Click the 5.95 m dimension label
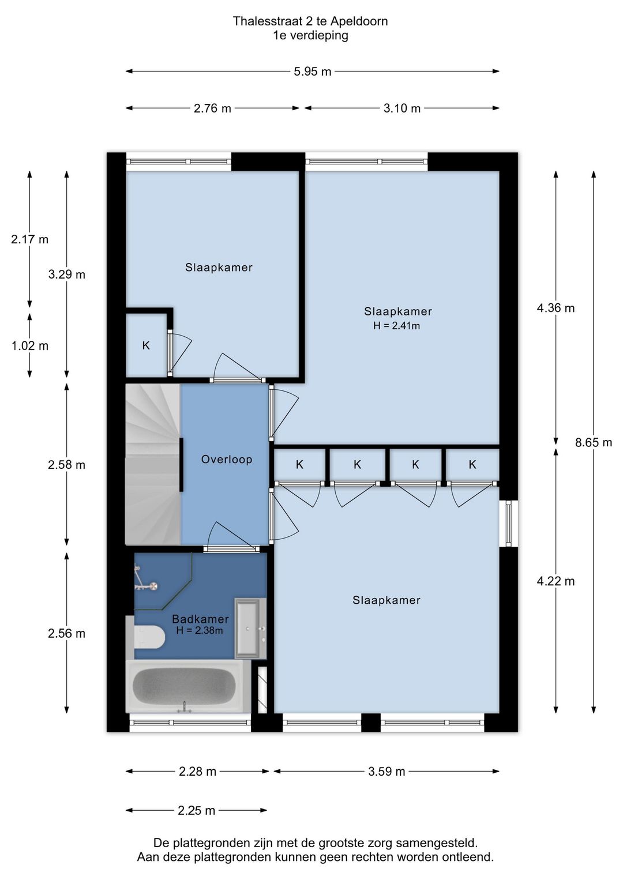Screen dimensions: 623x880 click(x=313, y=72)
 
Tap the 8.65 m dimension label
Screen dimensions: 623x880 click(x=594, y=443)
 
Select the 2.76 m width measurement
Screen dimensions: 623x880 click(x=212, y=108)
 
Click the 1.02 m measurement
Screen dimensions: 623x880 click(x=30, y=346)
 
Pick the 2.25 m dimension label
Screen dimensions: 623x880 click(x=197, y=810)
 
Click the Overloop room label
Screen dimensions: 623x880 click(x=227, y=459)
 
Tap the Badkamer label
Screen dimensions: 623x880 click(x=201, y=619)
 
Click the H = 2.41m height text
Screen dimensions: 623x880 click(x=397, y=326)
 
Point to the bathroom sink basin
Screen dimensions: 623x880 click(x=250, y=629)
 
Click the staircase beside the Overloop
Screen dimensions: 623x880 click(x=153, y=464)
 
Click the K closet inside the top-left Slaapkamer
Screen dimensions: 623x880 click(x=146, y=345)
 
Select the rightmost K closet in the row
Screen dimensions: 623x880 click(x=472, y=465)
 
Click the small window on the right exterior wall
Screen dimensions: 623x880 click(x=509, y=523)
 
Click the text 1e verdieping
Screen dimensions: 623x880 click(x=310, y=36)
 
